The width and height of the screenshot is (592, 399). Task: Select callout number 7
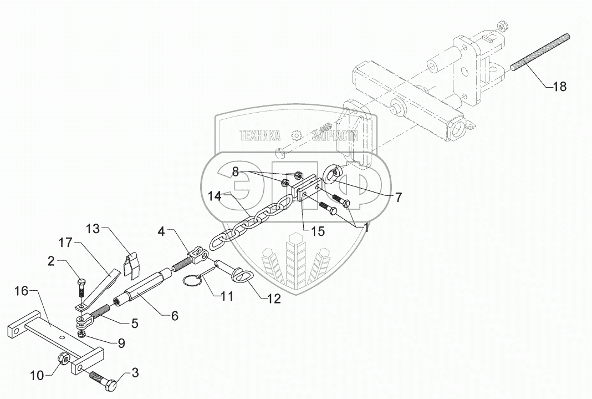pyautogui.click(x=399, y=196)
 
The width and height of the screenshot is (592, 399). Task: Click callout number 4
pyautogui.click(x=161, y=231)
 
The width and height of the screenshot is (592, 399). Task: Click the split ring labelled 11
pyautogui.click(x=192, y=281)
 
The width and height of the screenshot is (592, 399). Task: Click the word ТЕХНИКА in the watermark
pyautogui.click(x=259, y=135)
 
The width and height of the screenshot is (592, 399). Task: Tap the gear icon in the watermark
pyautogui.click(x=296, y=135)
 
